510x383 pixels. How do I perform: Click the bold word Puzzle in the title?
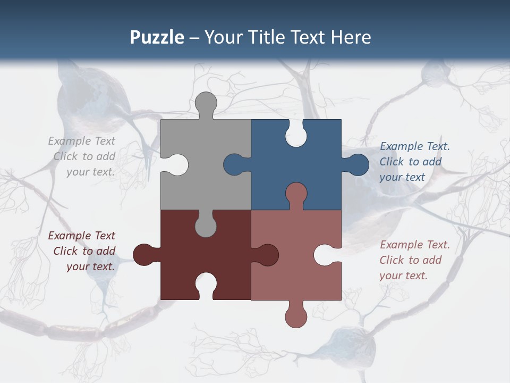[x=157, y=37]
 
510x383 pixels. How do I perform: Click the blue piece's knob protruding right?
[x=356, y=165]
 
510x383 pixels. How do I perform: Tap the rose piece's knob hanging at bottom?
[x=296, y=316]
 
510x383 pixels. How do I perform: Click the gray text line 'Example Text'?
[x=81, y=141]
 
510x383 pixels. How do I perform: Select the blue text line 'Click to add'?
[x=411, y=162]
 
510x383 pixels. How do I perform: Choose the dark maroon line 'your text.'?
[x=90, y=267]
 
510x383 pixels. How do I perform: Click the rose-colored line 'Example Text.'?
[x=415, y=245]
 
